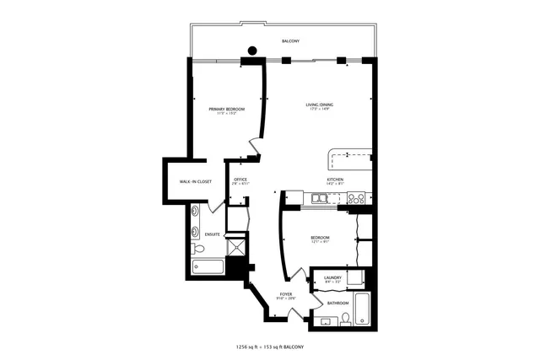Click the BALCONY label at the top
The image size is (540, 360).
[x=290, y=41]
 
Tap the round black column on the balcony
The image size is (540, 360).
[x=251, y=50]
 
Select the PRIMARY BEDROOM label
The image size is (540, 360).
[x=227, y=110]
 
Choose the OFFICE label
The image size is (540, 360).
[x=240, y=180]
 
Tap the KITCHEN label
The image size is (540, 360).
[x=336, y=180]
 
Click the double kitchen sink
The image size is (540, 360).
[x=320, y=199]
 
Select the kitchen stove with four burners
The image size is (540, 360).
[x=357, y=199]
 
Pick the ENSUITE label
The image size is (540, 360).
[x=213, y=234]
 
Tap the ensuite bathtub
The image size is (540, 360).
[x=208, y=267]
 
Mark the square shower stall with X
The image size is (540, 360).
[x=237, y=248]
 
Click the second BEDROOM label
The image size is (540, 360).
[x=319, y=238]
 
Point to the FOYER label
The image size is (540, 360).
[x=286, y=294]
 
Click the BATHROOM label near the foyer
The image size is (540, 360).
[x=338, y=303]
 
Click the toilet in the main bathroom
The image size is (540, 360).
[x=346, y=319]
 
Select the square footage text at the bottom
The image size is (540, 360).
[x=269, y=347]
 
